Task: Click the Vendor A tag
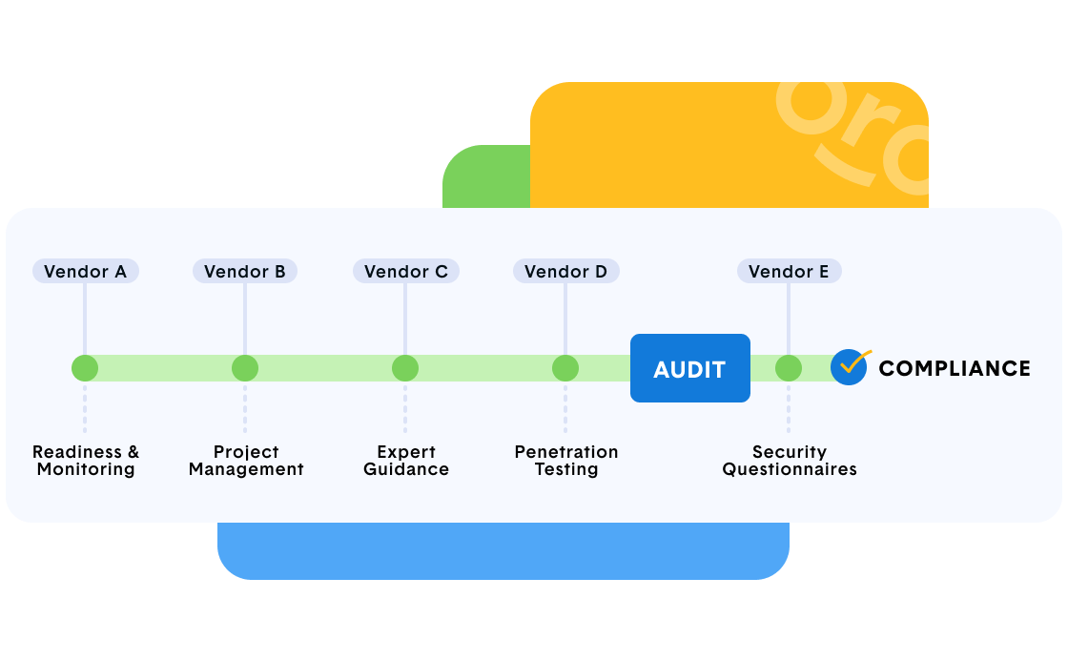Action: tap(85, 272)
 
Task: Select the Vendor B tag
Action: tap(245, 272)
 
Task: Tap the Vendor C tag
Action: tap(405, 272)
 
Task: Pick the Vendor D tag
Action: tap(565, 272)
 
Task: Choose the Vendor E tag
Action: tap(789, 272)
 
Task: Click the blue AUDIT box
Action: tap(689, 368)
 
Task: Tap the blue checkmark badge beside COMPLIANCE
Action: tap(849, 367)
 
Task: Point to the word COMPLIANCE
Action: tap(954, 368)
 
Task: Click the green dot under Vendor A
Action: tap(85, 368)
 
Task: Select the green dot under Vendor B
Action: tap(245, 368)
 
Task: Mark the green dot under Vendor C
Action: tap(405, 368)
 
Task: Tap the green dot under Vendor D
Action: tap(565, 368)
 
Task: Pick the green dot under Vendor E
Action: tap(789, 368)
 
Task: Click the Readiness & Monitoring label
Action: tap(86, 461)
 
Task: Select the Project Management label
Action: tap(246, 461)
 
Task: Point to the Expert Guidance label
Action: tap(406, 461)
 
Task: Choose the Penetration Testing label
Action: tap(566, 461)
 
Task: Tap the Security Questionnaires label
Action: tap(790, 461)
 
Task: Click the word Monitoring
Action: tap(86, 469)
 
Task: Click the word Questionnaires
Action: tap(790, 469)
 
